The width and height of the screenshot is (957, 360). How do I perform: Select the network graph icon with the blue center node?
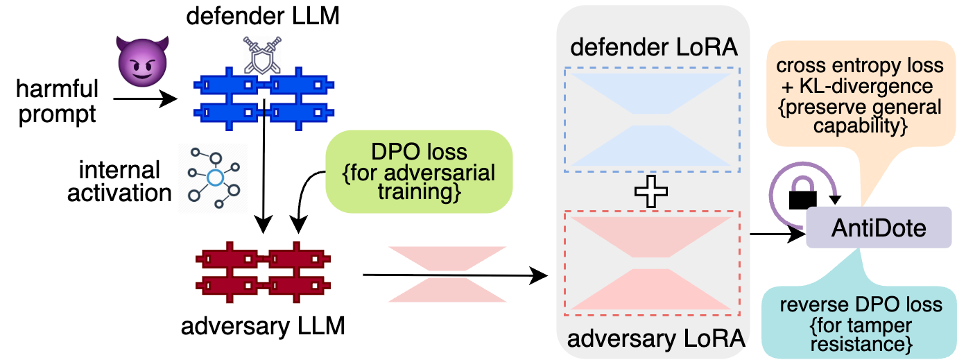click(x=213, y=178)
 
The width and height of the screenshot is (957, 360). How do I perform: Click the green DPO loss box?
click(x=419, y=171)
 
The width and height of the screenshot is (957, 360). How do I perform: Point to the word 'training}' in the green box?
click(x=419, y=191)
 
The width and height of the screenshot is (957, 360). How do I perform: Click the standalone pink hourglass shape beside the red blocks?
click(x=447, y=274)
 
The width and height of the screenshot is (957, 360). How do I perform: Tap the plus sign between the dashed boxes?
click(x=652, y=191)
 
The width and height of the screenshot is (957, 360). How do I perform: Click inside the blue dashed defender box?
click(x=653, y=119)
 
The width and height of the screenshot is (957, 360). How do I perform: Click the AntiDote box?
click(x=878, y=228)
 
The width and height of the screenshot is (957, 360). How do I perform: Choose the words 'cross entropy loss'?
click(x=860, y=66)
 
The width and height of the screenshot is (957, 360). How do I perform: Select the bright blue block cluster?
click(x=264, y=97)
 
